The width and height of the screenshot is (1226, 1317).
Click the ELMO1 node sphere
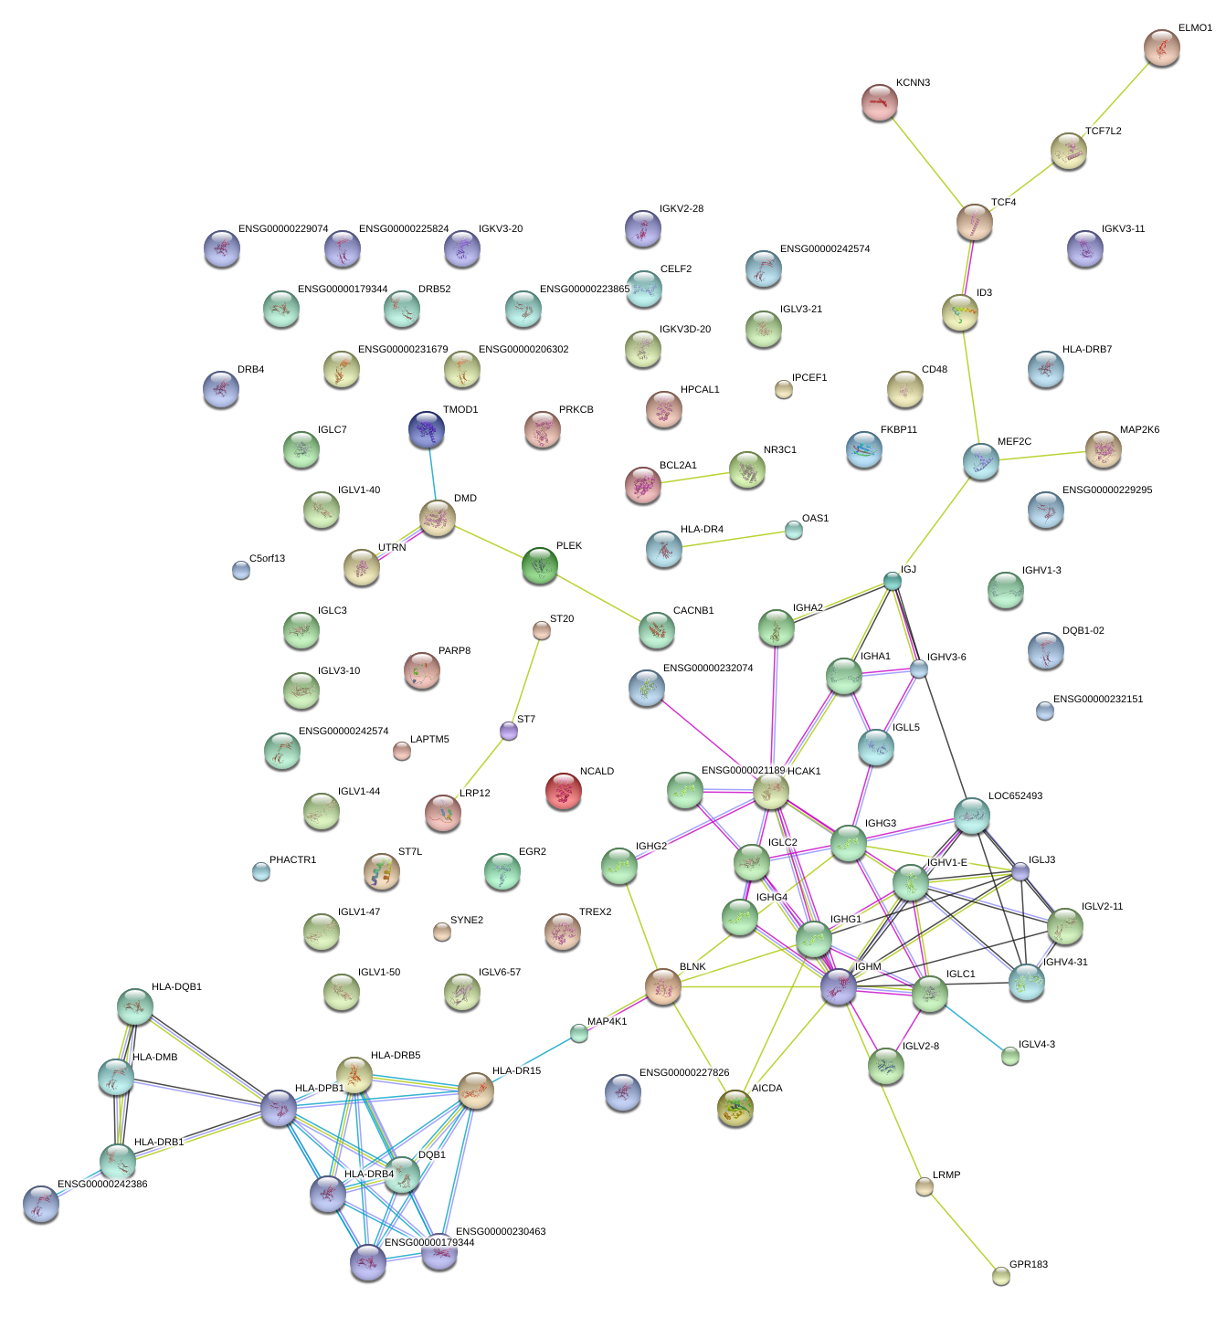pos(1161,47)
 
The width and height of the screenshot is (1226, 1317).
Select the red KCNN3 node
pos(879,101)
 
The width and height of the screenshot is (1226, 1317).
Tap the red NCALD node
pos(563,790)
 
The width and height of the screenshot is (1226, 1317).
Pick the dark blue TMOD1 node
pos(427,429)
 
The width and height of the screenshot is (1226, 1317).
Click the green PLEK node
pos(539,565)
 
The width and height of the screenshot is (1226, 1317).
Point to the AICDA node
pos(735,1107)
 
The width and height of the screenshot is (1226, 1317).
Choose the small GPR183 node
pos(1001,1276)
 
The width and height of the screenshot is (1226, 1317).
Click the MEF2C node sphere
pos(980,461)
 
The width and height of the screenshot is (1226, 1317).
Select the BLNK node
pos(663,986)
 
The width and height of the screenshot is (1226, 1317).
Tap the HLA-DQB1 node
pos(135,1006)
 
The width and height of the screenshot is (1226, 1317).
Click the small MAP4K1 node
pos(578,1033)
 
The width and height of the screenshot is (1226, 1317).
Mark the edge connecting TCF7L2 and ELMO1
pos(1115,99)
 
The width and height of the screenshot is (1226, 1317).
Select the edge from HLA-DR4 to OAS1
pos(729,540)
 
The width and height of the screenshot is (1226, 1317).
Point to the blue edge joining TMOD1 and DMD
pos(432,473)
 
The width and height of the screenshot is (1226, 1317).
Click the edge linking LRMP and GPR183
pos(963,1231)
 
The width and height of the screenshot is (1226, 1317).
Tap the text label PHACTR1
pos(292,860)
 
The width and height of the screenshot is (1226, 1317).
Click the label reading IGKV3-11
pos(1123,229)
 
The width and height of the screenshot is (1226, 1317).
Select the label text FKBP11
pos(898,430)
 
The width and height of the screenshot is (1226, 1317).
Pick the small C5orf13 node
pos(240,570)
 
